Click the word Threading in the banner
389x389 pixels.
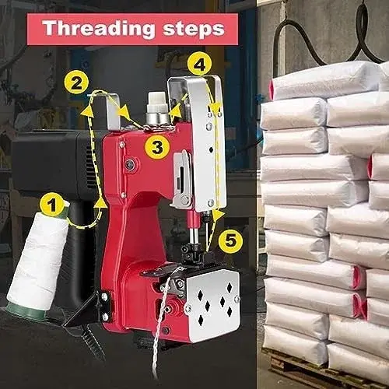pyautogui.click(x=99, y=29)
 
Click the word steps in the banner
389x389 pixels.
pyautogui.click(x=194, y=29)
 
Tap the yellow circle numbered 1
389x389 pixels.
pyautogui.click(x=53, y=205)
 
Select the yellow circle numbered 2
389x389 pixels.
pyautogui.click(x=76, y=82)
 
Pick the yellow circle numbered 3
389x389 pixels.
pyautogui.click(x=157, y=147)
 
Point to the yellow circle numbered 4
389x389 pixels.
pyautogui.click(x=200, y=64)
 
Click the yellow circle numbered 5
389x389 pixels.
pyautogui.click(x=230, y=241)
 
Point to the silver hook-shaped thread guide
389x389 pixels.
pyautogui.click(x=110, y=111)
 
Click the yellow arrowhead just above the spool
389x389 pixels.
pyautogui.click(x=102, y=203)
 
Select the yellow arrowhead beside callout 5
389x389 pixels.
pyautogui.click(x=219, y=215)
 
